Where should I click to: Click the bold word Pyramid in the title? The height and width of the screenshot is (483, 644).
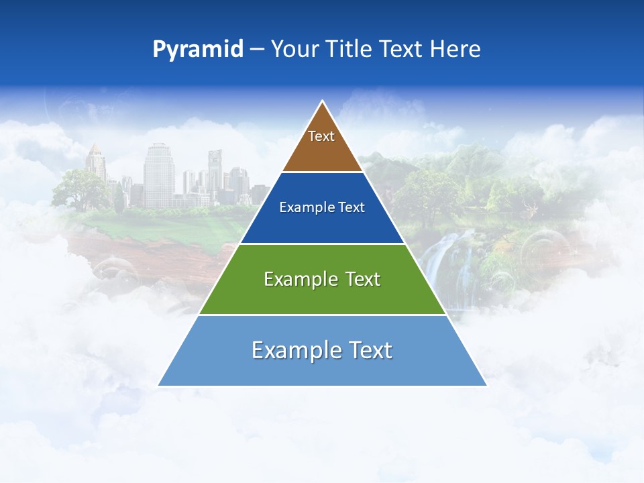pos(198,49)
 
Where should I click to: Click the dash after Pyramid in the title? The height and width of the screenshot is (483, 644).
pos(257,50)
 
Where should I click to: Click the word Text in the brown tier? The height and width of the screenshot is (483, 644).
pos(321,136)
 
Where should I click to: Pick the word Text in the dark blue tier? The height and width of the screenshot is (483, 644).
pos(352,208)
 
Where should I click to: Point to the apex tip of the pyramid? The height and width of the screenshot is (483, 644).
pos(323,102)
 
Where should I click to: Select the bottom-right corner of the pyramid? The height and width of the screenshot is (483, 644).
pos(486,385)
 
